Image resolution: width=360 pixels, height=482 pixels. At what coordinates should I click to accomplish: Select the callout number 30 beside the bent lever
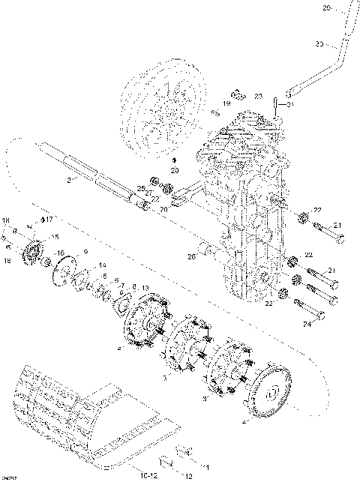[319, 45]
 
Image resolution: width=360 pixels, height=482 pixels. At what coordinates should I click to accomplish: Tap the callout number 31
[291, 104]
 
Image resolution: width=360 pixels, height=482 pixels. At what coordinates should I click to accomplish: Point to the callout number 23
[258, 97]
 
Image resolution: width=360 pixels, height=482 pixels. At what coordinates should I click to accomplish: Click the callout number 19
[226, 103]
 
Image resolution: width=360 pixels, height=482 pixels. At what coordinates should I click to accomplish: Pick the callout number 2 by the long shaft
[69, 181]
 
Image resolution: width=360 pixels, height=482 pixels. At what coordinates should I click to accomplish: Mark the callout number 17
[49, 220]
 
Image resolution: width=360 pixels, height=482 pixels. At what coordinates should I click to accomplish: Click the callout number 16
[60, 253]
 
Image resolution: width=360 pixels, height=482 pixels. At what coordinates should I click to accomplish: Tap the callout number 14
[103, 265]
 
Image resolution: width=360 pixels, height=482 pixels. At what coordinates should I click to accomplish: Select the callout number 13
[145, 289]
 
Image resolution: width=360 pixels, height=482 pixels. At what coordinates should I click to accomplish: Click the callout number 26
[191, 257]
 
